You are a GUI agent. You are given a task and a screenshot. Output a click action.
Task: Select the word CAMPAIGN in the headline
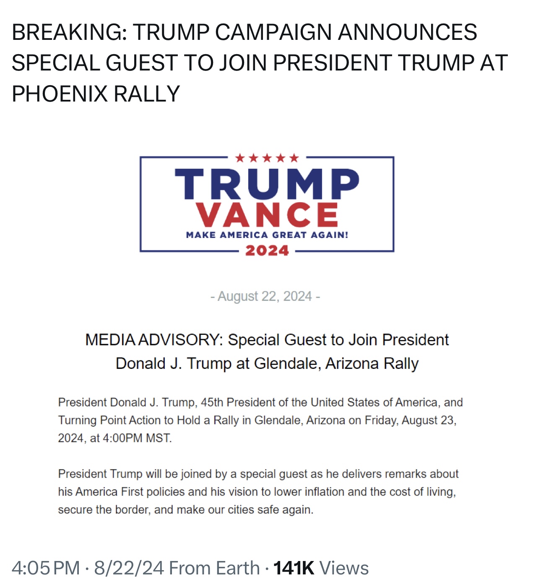coord(274,32)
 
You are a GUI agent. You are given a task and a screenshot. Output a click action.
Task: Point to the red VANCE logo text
coord(267,215)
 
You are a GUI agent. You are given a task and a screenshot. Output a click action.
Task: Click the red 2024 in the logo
coord(267,250)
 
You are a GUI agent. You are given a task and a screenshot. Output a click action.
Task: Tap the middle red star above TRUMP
coord(267,158)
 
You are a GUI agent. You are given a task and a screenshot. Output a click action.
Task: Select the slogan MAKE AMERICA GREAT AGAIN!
coord(267,235)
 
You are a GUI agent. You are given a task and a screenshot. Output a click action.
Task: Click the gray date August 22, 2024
coord(265,296)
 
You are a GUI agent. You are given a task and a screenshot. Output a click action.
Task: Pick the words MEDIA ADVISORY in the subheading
coord(153,340)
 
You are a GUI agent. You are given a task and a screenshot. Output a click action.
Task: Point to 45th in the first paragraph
coord(212,402)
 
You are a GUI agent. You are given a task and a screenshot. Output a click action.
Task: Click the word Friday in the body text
coord(381,420)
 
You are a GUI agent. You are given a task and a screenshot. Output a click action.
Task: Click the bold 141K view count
coord(294,568)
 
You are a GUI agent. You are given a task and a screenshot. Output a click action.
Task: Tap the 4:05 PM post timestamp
coord(46,568)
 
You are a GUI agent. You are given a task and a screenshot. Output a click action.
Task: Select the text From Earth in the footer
coord(214,568)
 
